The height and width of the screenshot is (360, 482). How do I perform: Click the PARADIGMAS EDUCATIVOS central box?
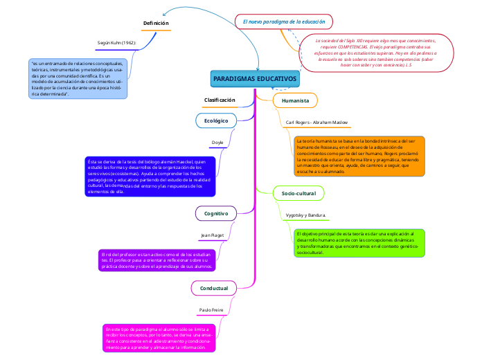click(255, 80)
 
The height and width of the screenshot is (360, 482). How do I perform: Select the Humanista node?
click(295, 101)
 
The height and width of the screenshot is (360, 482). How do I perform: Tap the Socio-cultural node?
click(298, 192)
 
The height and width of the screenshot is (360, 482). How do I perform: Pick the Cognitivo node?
click(216, 213)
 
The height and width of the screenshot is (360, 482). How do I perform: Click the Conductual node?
click(213, 287)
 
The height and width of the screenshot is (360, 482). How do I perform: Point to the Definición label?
click(156, 24)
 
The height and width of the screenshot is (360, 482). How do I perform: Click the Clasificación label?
click(220, 100)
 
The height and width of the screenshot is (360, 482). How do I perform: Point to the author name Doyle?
click(217, 143)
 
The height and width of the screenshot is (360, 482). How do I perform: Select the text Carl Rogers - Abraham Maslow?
click(316, 123)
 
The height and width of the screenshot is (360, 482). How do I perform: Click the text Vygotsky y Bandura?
click(305, 216)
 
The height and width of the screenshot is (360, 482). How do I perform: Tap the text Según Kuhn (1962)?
click(116, 43)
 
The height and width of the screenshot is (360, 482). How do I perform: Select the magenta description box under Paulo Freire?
click(159, 338)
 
